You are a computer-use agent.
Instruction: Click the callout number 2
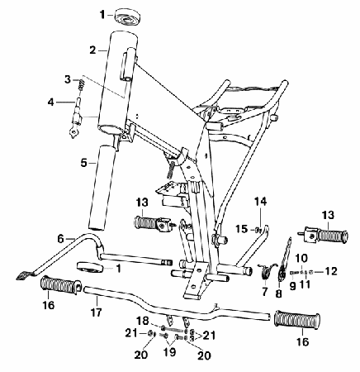(x=92, y=50)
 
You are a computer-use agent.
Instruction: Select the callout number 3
(x=68, y=79)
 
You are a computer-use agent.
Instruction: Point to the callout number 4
(x=51, y=103)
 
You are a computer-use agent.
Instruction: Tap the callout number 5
(x=83, y=163)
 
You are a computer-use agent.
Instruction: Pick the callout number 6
(x=61, y=238)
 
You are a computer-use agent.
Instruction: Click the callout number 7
(x=265, y=291)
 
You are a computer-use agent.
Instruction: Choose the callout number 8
(x=278, y=293)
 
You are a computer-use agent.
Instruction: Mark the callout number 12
(x=331, y=271)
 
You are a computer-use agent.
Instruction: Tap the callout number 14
(x=260, y=202)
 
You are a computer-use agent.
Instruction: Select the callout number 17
(x=96, y=312)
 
